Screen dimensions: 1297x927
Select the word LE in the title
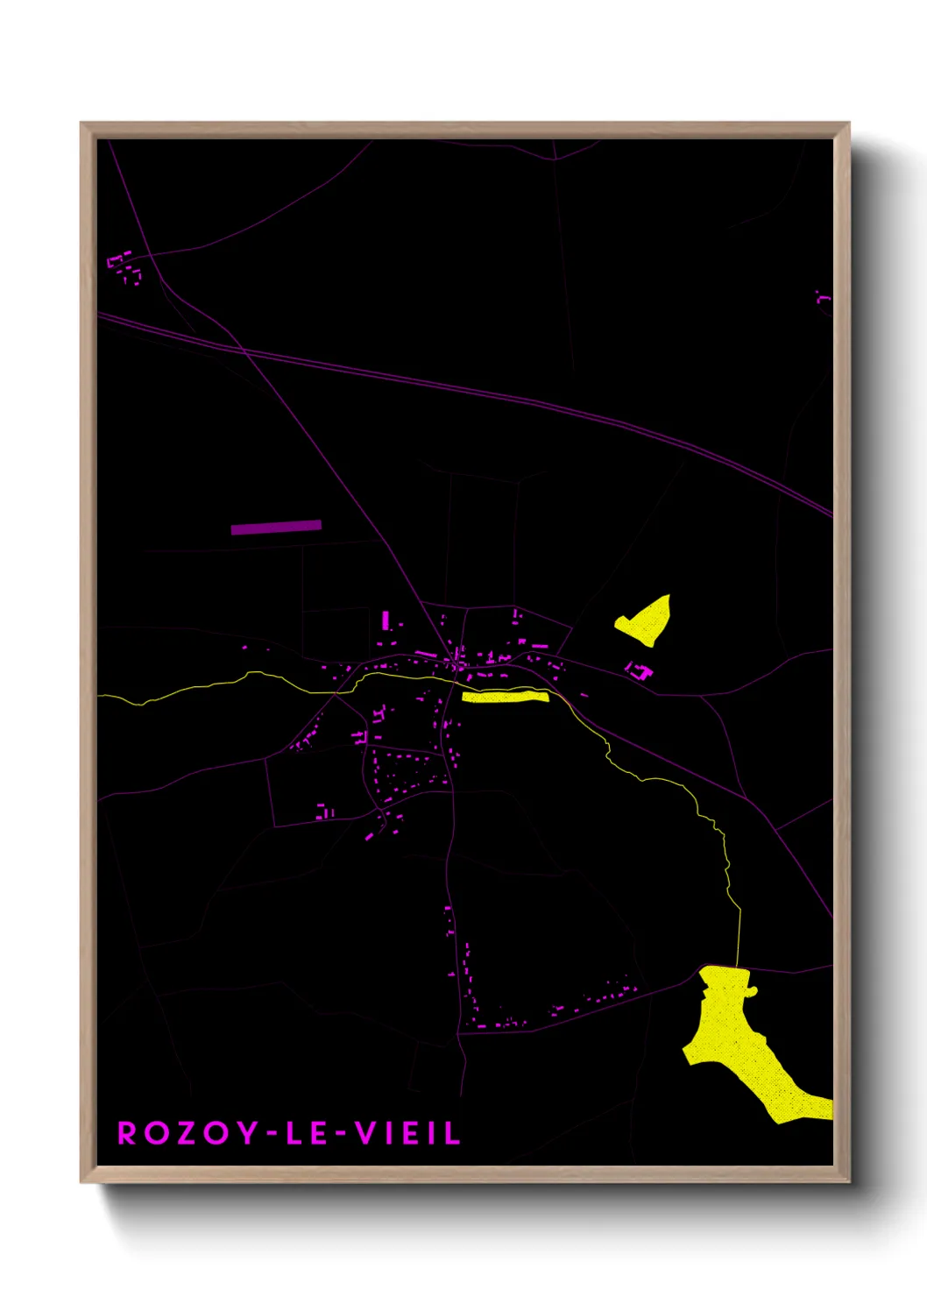tap(307, 1132)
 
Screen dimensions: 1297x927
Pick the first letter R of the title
tap(127, 1132)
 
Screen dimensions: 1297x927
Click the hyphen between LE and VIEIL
tap(341, 1134)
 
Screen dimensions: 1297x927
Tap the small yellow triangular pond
tap(648, 620)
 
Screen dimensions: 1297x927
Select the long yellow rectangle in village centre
tap(505, 697)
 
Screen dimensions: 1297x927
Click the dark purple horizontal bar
tap(276, 527)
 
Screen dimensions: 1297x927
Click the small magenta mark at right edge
tap(823, 298)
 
